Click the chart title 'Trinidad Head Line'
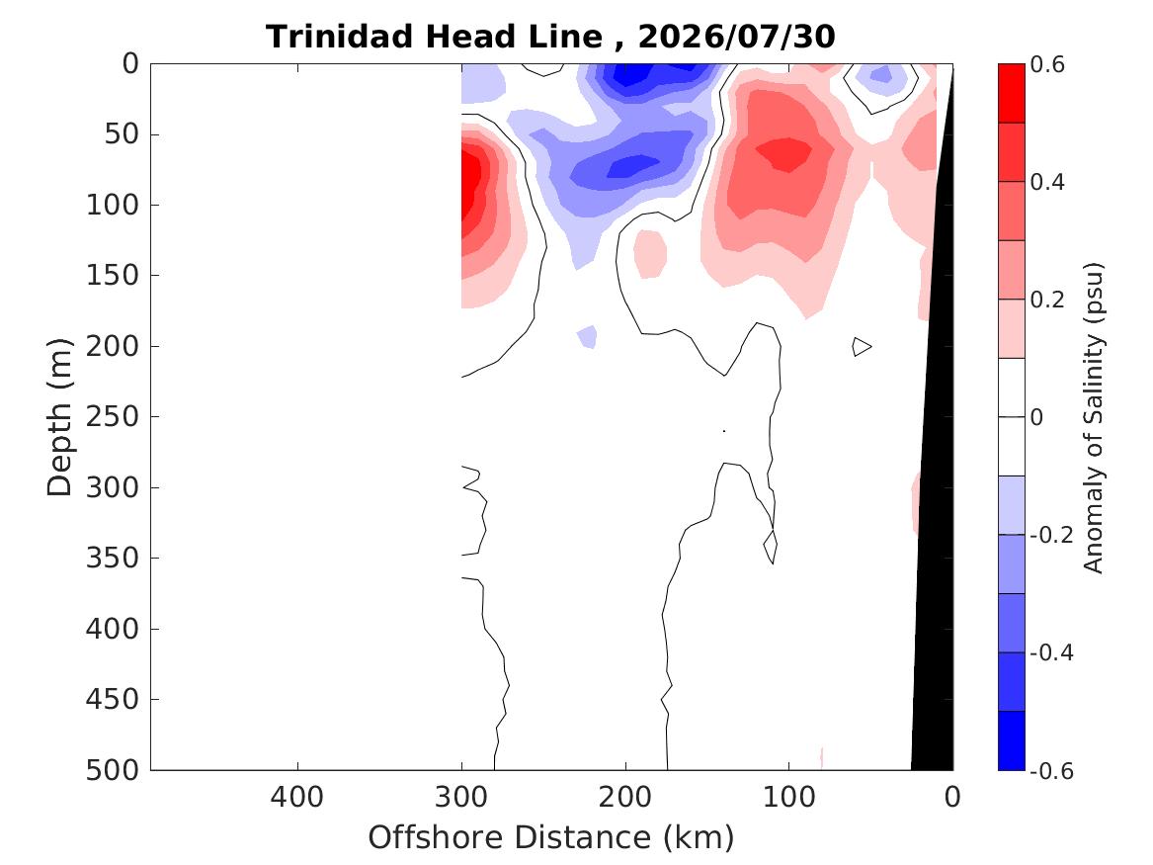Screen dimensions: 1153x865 click(x=434, y=36)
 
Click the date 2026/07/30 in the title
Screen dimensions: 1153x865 click(x=736, y=36)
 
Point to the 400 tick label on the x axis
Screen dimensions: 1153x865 click(x=297, y=797)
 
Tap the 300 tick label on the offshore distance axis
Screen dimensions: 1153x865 click(x=461, y=797)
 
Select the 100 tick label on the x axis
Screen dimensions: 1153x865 click(x=788, y=797)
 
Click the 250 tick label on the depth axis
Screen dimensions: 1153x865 click(x=113, y=416)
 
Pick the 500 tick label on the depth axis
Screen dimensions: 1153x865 click(x=113, y=770)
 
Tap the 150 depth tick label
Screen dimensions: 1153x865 click(x=113, y=275)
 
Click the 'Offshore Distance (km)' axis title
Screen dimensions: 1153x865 click(x=550, y=837)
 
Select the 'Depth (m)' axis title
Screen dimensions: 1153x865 click(x=59, y=417)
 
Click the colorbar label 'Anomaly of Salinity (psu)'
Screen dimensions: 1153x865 click(x=1094, y=417)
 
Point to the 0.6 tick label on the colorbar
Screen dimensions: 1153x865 click(x=1047, y=64)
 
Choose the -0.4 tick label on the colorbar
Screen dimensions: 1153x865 click(x=1051, y=652)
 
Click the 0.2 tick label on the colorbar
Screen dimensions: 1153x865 click(x=1047, y=300)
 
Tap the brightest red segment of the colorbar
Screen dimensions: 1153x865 click(x=1011, y=93)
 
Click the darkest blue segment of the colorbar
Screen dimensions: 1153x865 click(x=1011, y=740)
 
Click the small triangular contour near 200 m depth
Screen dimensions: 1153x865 click(x=862, y=346)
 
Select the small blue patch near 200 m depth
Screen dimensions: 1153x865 click(x=587, y=337)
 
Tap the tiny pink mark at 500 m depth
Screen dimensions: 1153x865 click(x=821, y=757)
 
